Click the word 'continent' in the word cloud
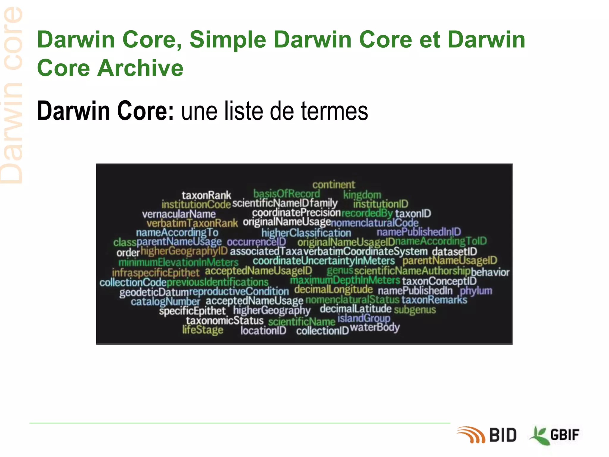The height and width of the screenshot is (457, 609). coord(334,185)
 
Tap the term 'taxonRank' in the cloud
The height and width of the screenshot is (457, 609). coord(206,195)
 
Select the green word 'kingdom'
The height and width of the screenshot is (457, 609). coord(362,195)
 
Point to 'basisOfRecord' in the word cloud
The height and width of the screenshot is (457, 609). coord(286,194)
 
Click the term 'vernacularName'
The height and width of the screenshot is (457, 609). coord(179,214)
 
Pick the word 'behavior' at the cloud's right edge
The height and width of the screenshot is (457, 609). coord(490,272)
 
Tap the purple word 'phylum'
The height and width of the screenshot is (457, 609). coord(476,291)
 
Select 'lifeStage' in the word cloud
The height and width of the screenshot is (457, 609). coord(203,330)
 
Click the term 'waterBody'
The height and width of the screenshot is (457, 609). coord(375,328)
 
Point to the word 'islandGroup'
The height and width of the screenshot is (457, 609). coord(364,318)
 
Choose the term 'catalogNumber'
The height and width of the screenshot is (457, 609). coord(165,302)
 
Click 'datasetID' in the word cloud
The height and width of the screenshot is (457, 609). coord(454,251)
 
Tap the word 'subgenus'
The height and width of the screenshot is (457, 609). coord(415,310)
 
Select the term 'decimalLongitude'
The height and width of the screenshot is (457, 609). coord(333,289)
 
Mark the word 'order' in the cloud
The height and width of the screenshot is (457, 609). coord(128,253)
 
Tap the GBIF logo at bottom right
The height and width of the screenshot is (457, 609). coord(555,435)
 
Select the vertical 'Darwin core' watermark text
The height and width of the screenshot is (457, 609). coord(12,95)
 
